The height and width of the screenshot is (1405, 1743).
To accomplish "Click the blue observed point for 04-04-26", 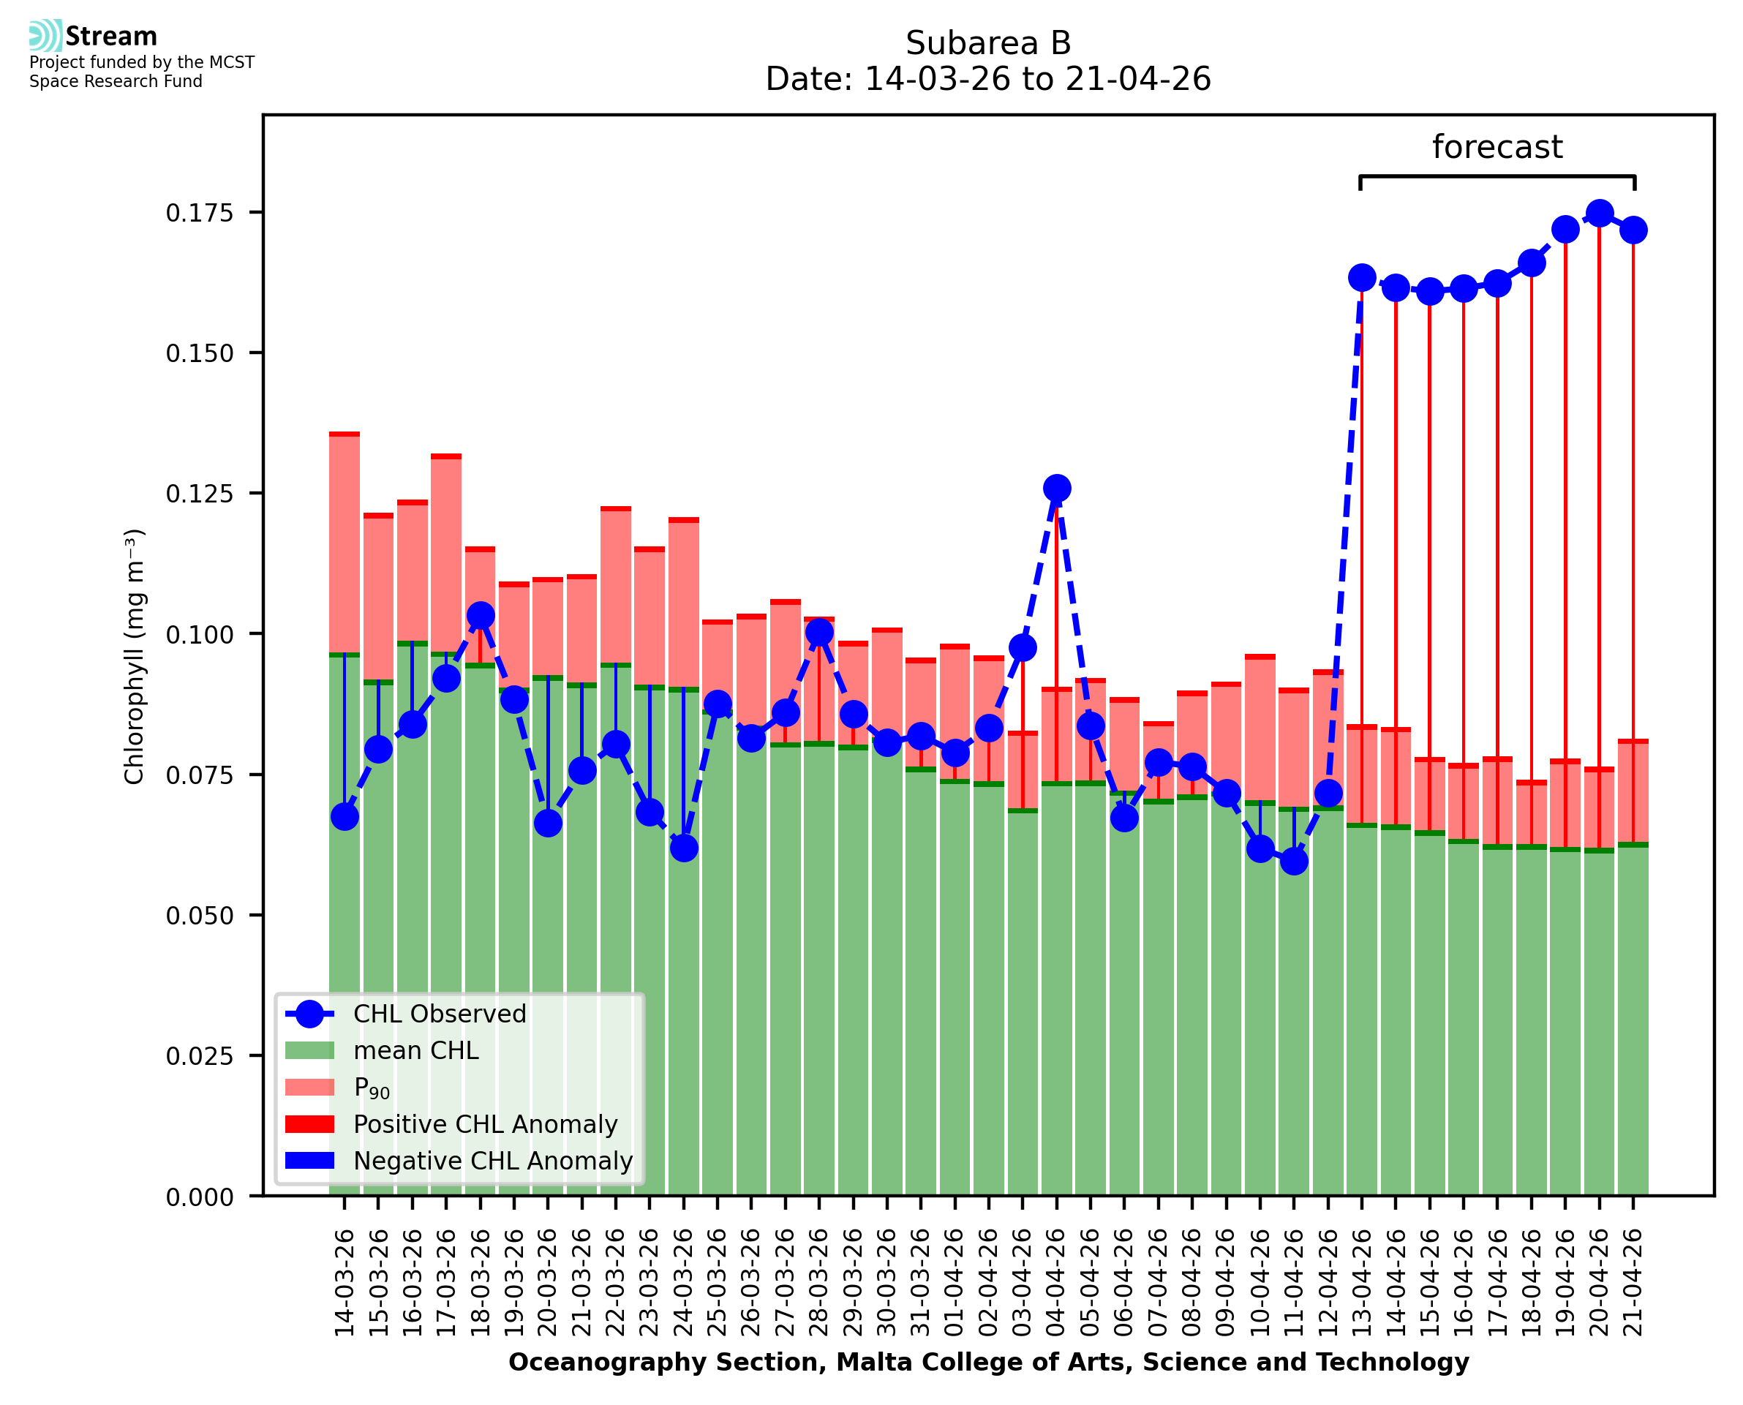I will (1056, 488).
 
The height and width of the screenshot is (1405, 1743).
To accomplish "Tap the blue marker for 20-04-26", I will (1599, 214).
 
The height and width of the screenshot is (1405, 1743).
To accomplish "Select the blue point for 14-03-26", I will (345, 817).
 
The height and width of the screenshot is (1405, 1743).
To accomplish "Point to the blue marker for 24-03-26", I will (684, 848).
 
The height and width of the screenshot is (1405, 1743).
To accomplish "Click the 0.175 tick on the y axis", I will (199, 213).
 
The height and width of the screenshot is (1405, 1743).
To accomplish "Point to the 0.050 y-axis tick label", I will (199, 916).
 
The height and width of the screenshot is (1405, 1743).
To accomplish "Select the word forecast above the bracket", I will (1497, 147).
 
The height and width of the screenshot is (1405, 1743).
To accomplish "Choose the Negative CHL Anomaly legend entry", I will (493, 1161).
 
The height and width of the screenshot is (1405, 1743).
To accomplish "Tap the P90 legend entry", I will (372, 1088).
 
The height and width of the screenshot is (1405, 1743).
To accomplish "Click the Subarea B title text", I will (988, 43).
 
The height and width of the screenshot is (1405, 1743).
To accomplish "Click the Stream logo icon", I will (45, 36).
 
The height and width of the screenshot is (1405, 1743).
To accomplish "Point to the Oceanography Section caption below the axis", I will (988, 1362).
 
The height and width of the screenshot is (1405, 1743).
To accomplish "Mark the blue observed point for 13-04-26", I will (1362, 278).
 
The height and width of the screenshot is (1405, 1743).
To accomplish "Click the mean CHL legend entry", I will (416, 1050).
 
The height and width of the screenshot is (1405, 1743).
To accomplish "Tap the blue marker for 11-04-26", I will (1294, 860).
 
